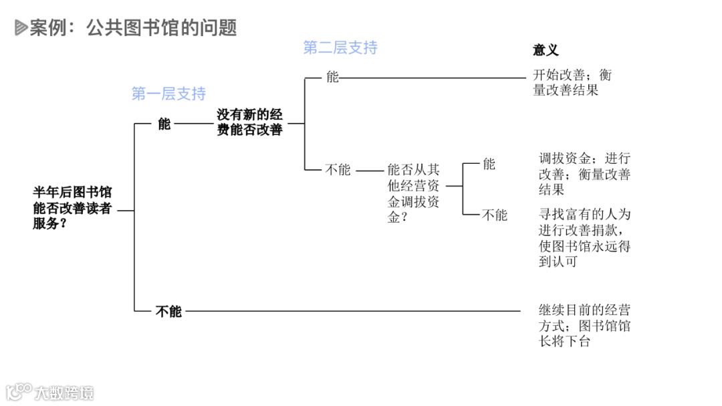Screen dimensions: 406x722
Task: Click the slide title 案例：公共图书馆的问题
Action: (133, 27)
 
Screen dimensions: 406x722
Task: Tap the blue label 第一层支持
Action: (168, 94)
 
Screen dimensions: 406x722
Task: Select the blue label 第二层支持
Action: (340, 47)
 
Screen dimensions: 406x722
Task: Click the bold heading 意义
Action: (546, 50)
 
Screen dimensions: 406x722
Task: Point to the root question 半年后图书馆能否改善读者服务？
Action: (72, 208)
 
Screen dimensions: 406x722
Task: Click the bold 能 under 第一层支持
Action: (164, 124)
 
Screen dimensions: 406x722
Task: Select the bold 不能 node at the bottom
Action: (168, 311)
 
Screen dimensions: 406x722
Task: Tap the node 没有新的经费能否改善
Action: (249, 122)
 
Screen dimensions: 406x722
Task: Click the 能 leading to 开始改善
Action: (332, 77)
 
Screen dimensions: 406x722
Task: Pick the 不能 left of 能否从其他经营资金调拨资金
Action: (338, 169)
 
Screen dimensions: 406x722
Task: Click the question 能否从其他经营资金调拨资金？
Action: (414, 193)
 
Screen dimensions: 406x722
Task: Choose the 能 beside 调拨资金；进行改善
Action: (489, 164)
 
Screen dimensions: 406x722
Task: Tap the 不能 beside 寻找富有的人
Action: (495, 215)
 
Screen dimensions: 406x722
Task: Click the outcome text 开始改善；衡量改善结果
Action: (572, 82)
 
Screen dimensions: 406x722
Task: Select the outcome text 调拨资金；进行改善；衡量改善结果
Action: (584, 174)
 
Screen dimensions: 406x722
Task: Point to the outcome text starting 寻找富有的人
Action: (584, 237)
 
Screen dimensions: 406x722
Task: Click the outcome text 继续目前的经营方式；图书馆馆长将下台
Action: (584, 326)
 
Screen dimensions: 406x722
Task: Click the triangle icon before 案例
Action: (20, 27)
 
